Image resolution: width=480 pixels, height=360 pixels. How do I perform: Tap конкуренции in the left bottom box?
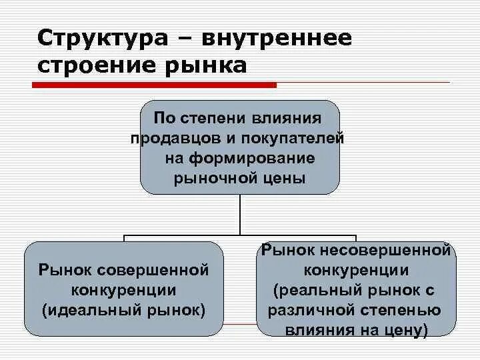pos(124,290)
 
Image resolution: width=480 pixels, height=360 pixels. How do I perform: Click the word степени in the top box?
pos(219,118)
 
